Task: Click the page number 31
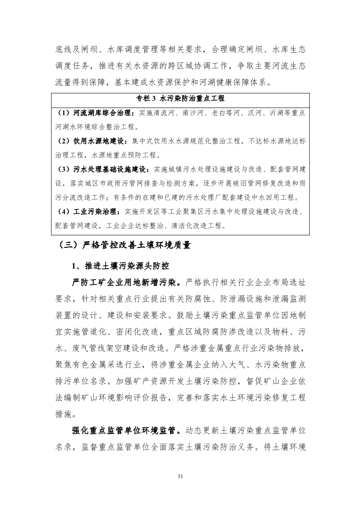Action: (x=180, y=476)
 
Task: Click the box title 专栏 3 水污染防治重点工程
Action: (x=180, y=99)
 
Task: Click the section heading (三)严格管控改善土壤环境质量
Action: (x=122, y=246)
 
